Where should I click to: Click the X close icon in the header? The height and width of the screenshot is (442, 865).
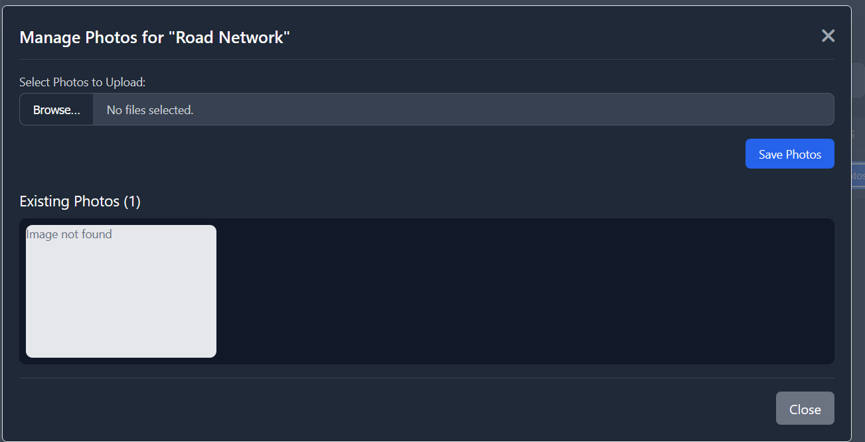[x=828, y=36]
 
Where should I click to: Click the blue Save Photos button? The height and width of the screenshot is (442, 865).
[x=789, y=154]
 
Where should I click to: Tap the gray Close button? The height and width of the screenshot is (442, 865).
[x=805, y=409]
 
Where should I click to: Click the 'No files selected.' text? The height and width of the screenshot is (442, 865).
[x=150, y=110]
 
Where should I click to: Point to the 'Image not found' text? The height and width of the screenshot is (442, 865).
[x=69, y=234]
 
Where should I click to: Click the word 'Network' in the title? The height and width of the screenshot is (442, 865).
[x=255, y=38]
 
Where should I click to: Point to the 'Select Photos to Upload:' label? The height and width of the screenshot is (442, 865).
[x=82, y=82]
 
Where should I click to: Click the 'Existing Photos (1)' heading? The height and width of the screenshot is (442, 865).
[x=80, y=201]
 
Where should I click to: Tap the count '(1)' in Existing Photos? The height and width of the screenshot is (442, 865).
[x=132, y=201]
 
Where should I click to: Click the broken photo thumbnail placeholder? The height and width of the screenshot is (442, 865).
[x=121, y=299]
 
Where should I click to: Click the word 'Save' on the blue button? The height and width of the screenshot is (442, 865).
[x=771, y=154]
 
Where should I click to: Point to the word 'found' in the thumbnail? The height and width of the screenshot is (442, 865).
[x=98, y=234]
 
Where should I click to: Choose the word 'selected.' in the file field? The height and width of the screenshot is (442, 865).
[x=171, y=110]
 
